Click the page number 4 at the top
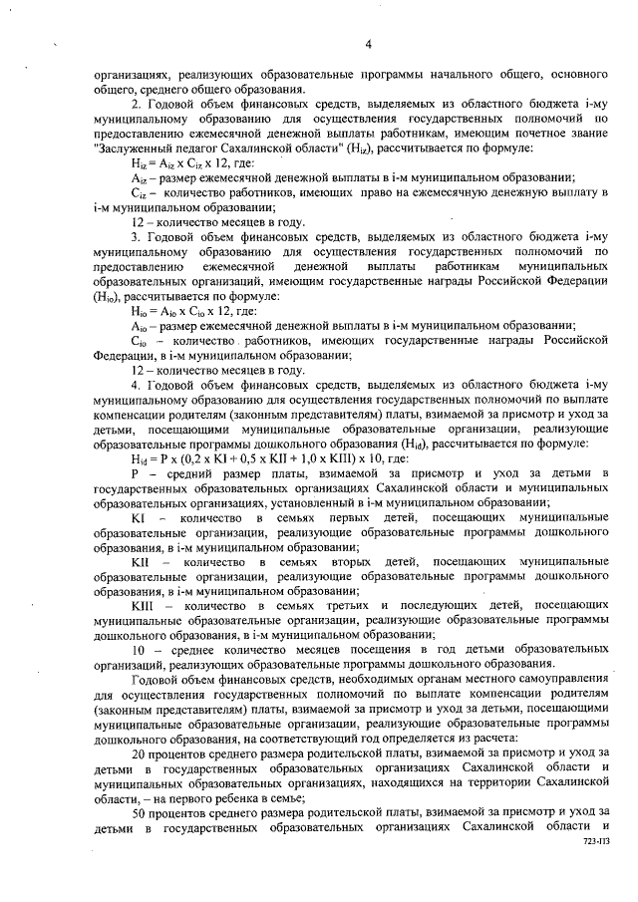[x=368, y=44]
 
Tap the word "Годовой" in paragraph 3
[x=170, y=236]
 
